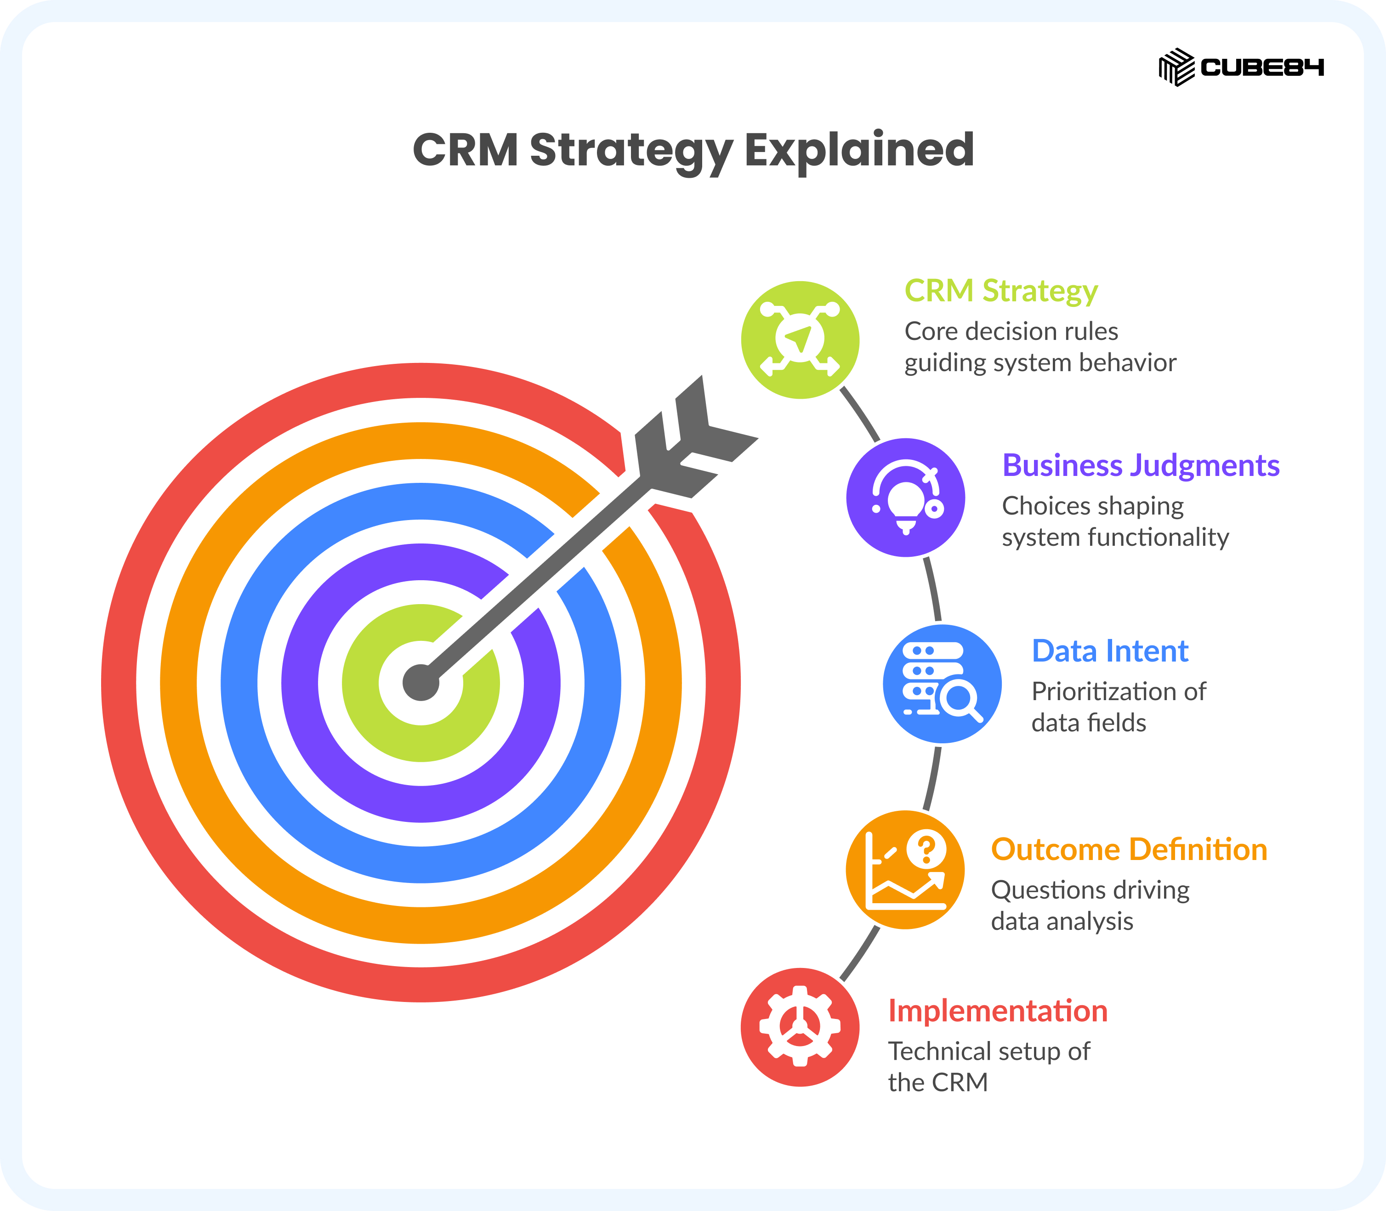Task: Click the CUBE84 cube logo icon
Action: click(x=1176, y=67)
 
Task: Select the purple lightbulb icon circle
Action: click(x=905, y=498)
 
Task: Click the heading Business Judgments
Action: click(x=1141, y=466)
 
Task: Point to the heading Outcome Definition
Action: click(x=1129, y=849)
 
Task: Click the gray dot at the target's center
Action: click(x=420, y=683)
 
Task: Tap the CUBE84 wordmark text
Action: click(x=1261, y=68)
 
